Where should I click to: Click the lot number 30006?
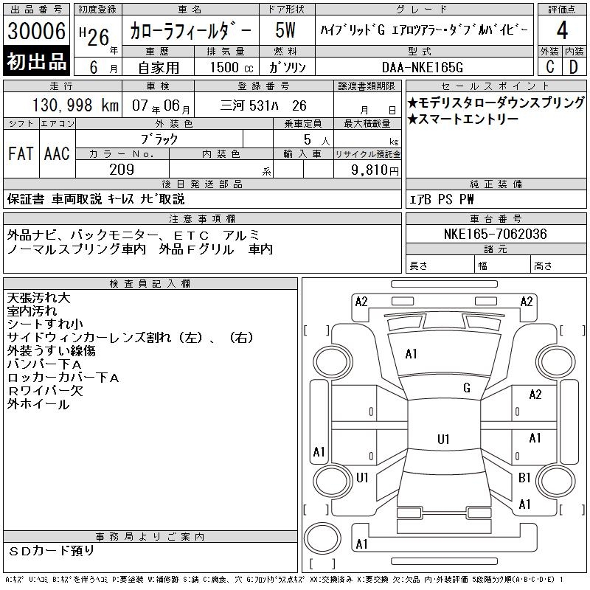click(x=36, y=30)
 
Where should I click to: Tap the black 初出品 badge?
click(x=36, y=61)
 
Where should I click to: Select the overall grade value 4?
click(x=562, y=30)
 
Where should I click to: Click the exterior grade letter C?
click(x=550, y=67)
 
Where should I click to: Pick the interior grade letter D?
click(x=574, y=67)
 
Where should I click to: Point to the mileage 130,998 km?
click(x=75, y=105)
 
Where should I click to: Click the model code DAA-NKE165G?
click(x=422, y=67)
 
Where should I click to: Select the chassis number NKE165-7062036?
click(x=495, y=234)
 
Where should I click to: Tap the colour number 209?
click(x=122, y=170)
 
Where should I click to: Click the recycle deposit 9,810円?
click(x=375, y=170)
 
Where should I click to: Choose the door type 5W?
click(x=285, y=30)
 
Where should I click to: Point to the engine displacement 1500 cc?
click(x=232, y=67)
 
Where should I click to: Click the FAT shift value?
click(x=21, y=153)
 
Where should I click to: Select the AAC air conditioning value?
click(x=57, y=153)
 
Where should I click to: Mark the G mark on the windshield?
click(x=467, y=387)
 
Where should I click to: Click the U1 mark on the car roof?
click(x=443, y=439)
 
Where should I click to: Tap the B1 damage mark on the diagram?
click(x=524, y=477)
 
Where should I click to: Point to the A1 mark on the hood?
click(x=411, y=354)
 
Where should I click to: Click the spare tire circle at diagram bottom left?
click(x=322, y=538)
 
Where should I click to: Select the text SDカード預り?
click(x=51, y=551)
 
